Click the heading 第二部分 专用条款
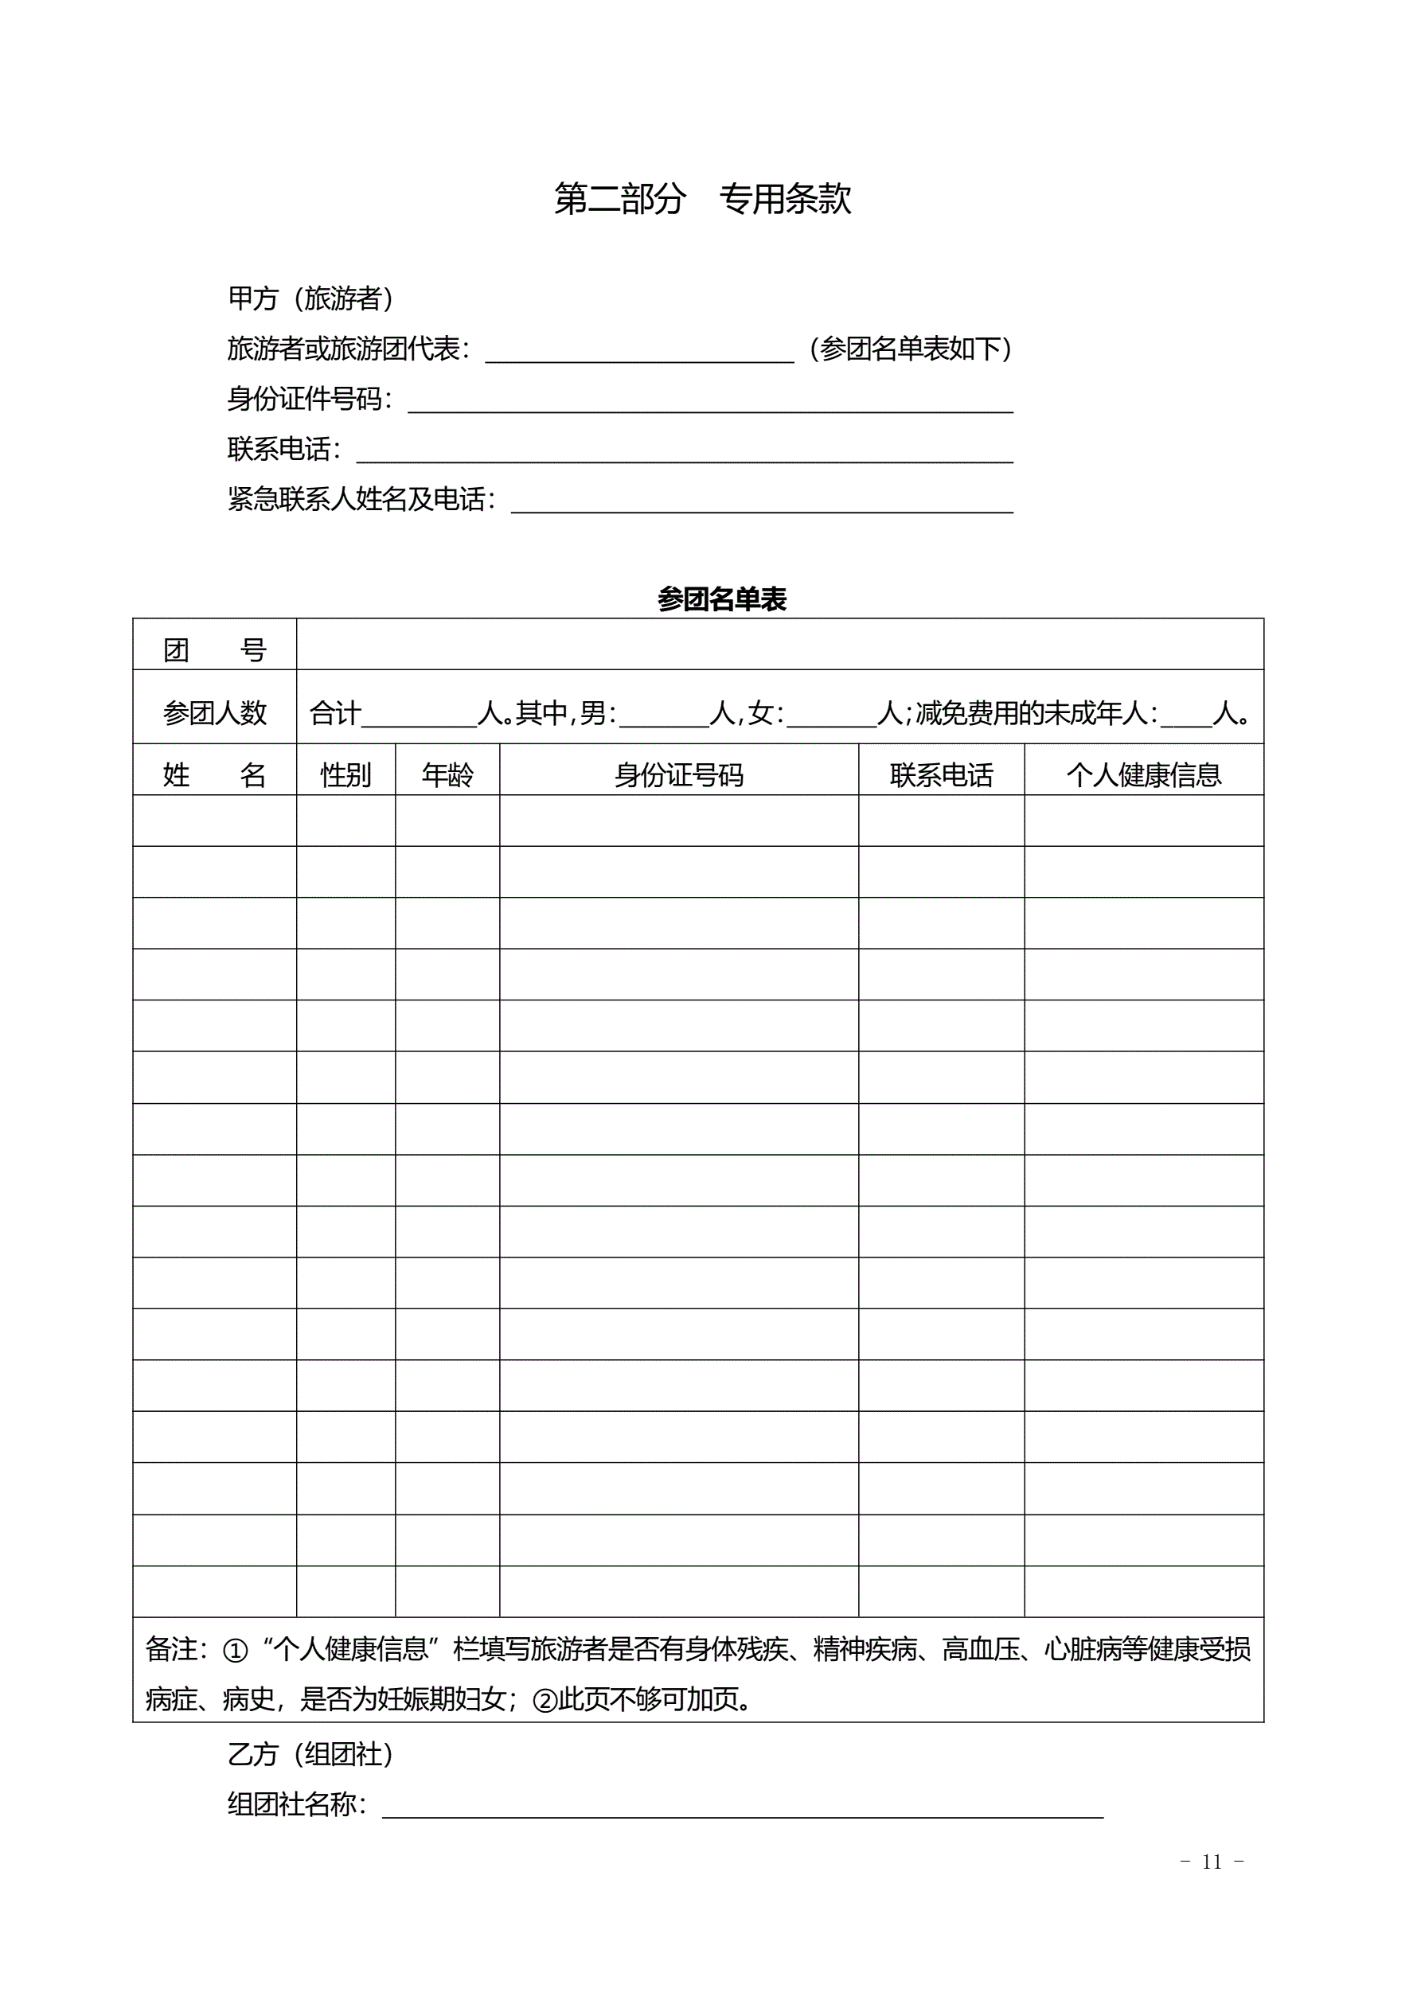[703, 200]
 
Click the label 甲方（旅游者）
[310, 299]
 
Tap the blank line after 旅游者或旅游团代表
[638, 352]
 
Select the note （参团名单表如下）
[910, 349]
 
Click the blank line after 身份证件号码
[709, 401]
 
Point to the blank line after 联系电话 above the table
[685, 451]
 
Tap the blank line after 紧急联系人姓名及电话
[761, 502]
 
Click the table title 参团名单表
[722, 600]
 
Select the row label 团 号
[214, 649]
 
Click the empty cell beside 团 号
[779, 645]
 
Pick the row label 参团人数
[214, 714]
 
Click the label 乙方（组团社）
[310, 1754]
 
